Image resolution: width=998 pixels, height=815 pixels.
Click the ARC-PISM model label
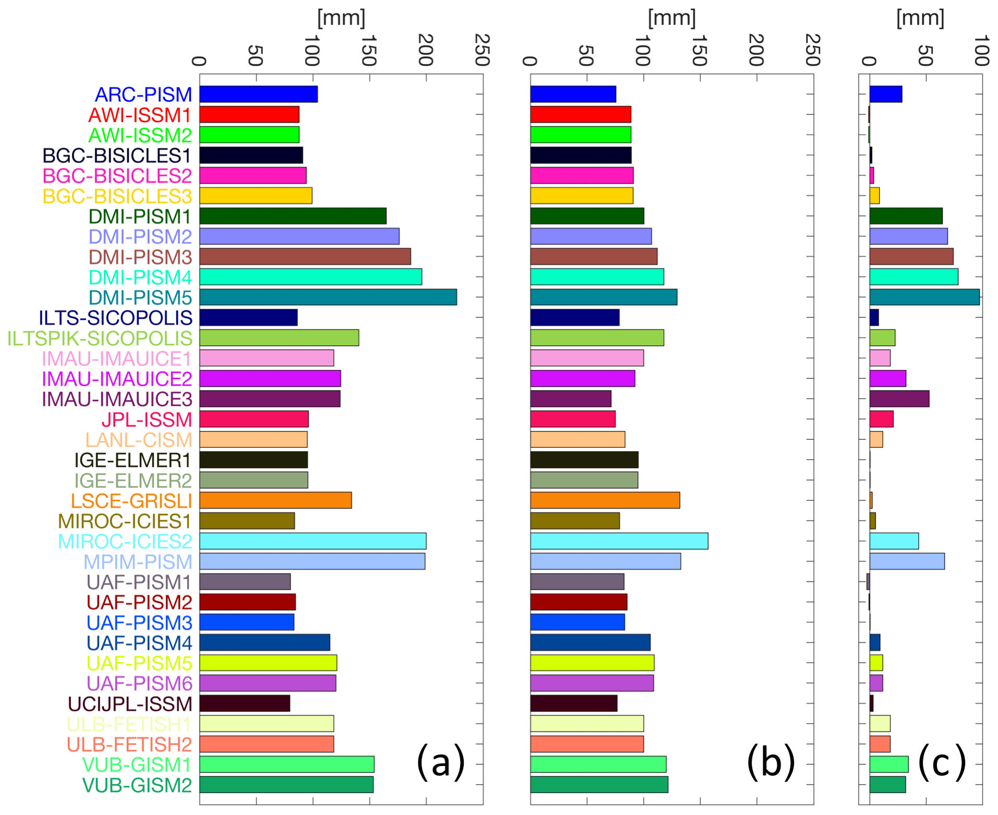tap(143, 94)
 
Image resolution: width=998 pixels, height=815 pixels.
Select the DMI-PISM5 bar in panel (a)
tap(328, 297)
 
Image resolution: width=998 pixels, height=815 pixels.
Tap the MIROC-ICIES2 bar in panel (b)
tap(619, 541)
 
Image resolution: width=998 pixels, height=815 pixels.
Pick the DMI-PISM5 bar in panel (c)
tap(924, 297)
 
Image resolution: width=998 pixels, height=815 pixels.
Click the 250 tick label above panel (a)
tap(483, 51)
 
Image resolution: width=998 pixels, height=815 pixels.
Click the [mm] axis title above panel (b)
tap(671, 18)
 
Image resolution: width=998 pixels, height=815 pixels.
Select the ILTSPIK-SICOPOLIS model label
tap(100, 338)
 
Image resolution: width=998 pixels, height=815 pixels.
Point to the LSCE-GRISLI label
tap(131, 501)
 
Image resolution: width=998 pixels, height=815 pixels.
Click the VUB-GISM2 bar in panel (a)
tap(286, 785)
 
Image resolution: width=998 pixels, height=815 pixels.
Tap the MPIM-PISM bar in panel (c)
tap(907, 561)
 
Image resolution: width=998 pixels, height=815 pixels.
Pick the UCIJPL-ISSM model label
tap(130, 704)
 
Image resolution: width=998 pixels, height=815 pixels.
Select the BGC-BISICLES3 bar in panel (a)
tap(256, 196)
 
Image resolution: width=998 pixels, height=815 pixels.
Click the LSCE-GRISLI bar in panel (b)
tap(605, 500)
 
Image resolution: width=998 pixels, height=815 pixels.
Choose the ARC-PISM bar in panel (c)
tap(885, 94)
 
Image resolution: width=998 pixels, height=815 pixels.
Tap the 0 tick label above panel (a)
tap(199, 61)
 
